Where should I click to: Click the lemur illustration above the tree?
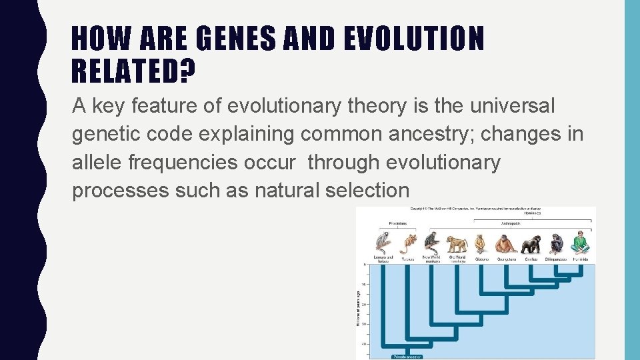pyautogui.click(x=383, y=241)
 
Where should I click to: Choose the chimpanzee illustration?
pyautogui.click(x=555, y=243)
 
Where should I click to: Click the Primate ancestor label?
pyautogui.click(x=408, y=357)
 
